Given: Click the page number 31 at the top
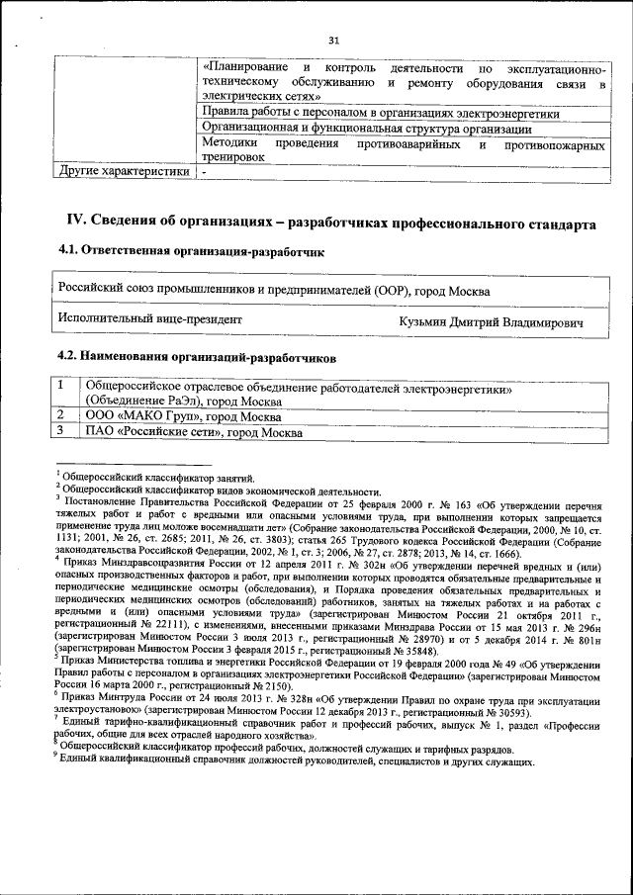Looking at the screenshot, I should coord(333,40).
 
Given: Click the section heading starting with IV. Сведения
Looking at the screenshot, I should coord(330,224).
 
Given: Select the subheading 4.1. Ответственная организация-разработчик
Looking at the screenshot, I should coord(192,253).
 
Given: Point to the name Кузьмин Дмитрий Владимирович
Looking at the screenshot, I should coord(491,322).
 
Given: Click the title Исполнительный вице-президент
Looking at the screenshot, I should coord(150,320).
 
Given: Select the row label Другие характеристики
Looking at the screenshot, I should coord(125,171).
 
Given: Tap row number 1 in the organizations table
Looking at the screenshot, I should coord(61,386).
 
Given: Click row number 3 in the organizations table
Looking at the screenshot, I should coord(61,432).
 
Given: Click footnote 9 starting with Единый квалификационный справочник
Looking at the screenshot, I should coord(297,761).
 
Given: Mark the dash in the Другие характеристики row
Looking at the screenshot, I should coord(204,171).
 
